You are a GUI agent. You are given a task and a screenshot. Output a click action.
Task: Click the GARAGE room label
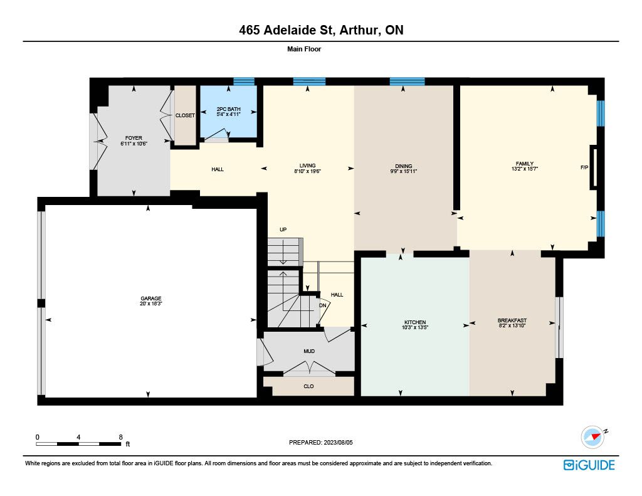coord(151,298)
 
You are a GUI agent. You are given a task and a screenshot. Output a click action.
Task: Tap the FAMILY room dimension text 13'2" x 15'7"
coord(525,169)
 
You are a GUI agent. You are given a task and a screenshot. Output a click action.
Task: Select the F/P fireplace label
coord(584,167)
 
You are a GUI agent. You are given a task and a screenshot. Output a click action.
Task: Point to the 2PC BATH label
coord(228,109)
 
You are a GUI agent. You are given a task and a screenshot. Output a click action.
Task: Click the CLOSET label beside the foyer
coord(185,115)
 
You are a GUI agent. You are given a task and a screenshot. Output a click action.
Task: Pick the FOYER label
coord(134,138)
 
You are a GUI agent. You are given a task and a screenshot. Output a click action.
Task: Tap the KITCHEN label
coord(415,322)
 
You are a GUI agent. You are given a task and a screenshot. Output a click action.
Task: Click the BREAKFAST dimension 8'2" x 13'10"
coord(512,325)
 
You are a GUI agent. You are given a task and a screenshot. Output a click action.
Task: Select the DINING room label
coord(404,166)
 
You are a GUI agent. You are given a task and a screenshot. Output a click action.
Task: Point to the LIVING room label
coord(307,166)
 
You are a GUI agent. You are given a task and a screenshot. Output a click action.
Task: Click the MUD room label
coord(309,351)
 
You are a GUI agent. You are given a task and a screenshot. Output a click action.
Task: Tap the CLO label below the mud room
coord(308,386)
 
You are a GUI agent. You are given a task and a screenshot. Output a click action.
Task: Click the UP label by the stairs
coord(283,230)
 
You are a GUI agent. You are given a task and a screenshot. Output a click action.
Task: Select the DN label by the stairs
coord(323,305)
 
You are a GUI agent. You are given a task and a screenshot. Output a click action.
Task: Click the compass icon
coord(593,437)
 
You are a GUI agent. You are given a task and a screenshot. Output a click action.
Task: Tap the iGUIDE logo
coord(589,465)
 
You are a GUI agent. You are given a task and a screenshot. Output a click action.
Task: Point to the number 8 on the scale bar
coord(121,437)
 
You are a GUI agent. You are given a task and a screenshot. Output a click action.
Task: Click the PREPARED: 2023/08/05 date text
coord(320,443)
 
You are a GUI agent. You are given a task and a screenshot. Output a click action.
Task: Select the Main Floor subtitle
coord(304,49)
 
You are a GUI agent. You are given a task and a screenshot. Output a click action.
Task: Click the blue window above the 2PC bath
coord(244,82)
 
